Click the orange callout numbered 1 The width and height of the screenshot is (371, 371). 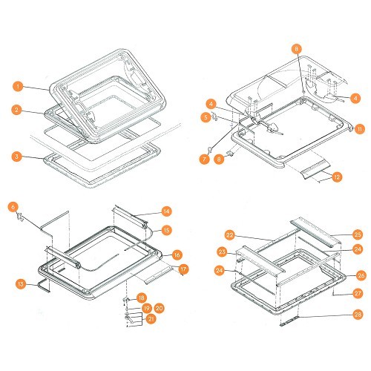[x=18, y=87]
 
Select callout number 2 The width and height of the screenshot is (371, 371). [x=16, y=110]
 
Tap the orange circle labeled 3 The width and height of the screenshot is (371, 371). [x=16, y=157]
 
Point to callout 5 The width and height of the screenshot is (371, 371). [x=206, y=117]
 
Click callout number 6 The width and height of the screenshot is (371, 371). [x=13, y=207]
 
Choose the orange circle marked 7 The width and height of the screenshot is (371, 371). [x=205, y=159]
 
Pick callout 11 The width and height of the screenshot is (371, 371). [x=359, y=129]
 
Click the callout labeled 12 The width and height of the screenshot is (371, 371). [x=337, y=177]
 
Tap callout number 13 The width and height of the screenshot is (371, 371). [x=21, y=284]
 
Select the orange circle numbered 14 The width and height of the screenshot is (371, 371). [x=166, y=211]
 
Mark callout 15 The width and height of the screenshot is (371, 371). [x=166, y=230]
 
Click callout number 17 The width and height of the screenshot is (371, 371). [x=183, y=269]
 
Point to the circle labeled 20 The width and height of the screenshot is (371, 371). [x=160, y=308]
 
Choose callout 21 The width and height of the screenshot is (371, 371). [x=151, y=319]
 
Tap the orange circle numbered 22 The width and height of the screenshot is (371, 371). [x=230, y=234]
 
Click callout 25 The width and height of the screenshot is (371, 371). [x=358, y=234]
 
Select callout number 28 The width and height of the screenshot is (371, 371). [x=358, y=315]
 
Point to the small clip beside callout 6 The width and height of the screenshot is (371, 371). [x=20, y=217]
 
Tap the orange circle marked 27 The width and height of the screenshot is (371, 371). [x=358, y=294]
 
